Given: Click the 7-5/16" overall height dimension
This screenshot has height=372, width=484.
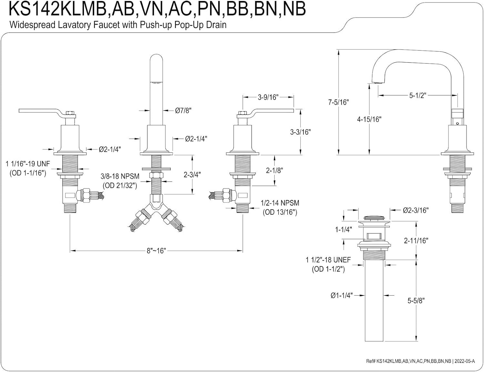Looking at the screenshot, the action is tap(338, 102).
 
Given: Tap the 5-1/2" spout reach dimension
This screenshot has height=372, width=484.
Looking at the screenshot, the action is tap(418, 95).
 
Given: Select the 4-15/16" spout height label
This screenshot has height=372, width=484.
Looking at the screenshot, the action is tap(369, 120).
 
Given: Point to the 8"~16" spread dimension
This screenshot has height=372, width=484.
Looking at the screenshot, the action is tap(156, 251).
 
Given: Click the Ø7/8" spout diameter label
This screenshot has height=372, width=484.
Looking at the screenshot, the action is tap(183, 110).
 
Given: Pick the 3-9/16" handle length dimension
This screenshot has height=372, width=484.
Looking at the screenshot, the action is tap(268, 97).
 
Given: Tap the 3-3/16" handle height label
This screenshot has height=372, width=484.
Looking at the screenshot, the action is tap(300, 132).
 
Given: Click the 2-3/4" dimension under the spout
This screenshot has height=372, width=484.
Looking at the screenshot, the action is tap(192, 175).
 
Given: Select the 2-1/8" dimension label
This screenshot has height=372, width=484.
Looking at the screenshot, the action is tap(274, 171).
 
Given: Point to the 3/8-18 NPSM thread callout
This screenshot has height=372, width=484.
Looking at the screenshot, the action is tap(120, 181).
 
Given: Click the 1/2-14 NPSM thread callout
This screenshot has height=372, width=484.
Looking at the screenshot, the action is tap(280, 207).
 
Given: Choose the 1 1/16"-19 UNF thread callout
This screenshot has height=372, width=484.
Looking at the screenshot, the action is tap(28, 168).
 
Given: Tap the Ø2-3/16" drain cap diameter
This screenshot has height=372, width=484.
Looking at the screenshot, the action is tap(416, 210).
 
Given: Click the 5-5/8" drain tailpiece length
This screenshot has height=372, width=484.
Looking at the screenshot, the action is tap(416, 300).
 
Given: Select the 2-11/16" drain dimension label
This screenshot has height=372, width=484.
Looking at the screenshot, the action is tap(416, 240).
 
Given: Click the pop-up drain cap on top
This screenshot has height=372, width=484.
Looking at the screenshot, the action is tap(374, 219).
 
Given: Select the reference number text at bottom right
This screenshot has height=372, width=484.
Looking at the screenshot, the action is tap(420, 361).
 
